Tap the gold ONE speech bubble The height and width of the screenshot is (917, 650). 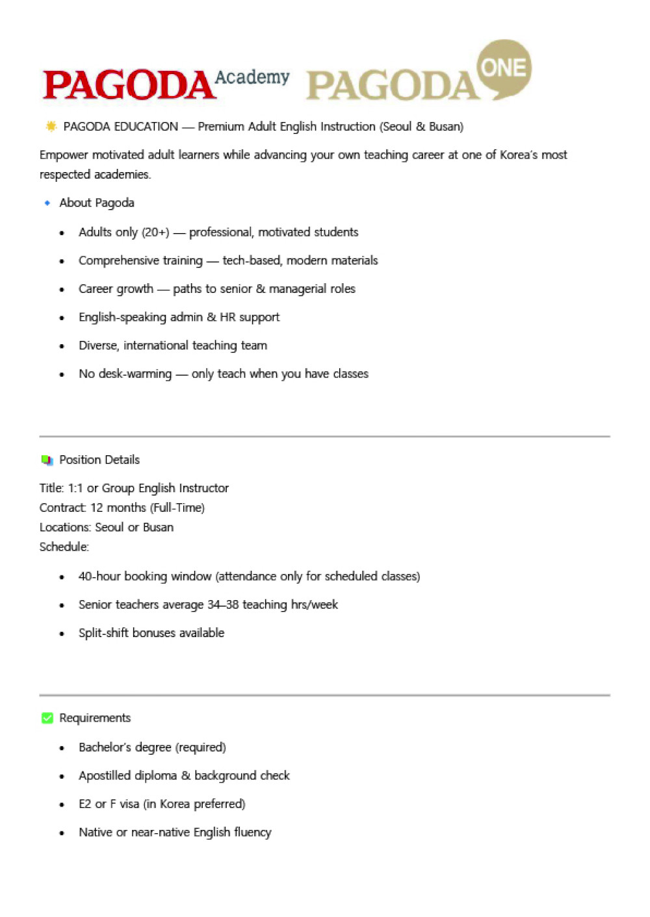coord(504,69)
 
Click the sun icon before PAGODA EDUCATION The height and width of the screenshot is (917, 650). coord(51,126)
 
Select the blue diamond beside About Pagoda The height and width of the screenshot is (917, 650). coord(47,203)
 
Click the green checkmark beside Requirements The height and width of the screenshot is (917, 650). coord(47,718)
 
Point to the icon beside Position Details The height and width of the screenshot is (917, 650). coord(47,460)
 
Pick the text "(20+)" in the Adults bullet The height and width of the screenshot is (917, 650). coord(155,232)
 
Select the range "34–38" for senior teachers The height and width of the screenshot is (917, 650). coord(223,605)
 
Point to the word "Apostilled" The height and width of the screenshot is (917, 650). coord(105,775)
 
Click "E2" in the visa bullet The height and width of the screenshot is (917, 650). coord(85,804)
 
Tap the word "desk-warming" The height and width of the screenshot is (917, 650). coord(135,374)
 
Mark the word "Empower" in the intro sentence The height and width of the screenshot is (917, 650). coord(64,155)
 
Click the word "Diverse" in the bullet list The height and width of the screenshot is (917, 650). coord(97,345)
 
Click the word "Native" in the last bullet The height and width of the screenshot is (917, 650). coord(96,833)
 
